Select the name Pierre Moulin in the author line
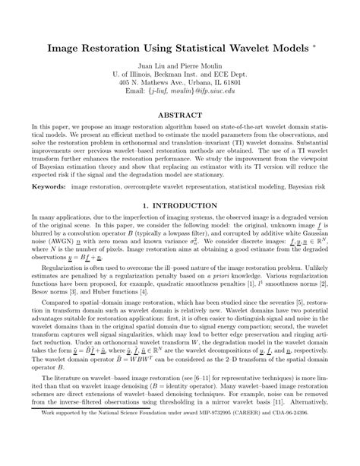pos(201,67)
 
